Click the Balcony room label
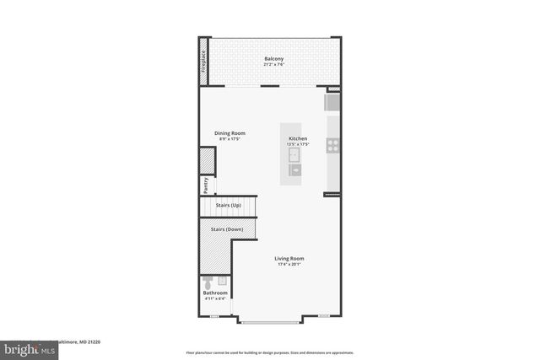[273, 58]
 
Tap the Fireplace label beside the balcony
[203, 62]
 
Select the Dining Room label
[229, 133]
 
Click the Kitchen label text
[298, 138]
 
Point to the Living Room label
[289, 259]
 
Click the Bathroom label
[215, 293]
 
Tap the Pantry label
[205, 185]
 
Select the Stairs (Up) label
[229, 205]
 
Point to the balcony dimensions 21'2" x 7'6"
[273, 64]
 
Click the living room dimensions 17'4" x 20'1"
[289, 265]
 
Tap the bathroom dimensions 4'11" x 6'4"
[215, 298]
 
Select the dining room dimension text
[229, 139]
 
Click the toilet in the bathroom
[208, 282]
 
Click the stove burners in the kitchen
[333, 144]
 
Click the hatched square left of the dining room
[207, 161]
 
